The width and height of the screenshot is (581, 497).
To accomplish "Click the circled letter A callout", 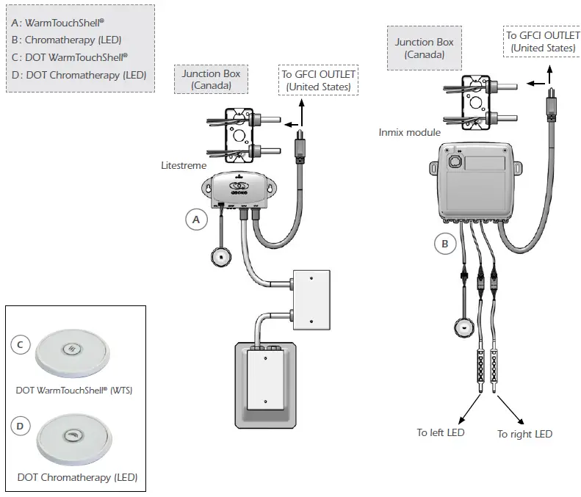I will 195,220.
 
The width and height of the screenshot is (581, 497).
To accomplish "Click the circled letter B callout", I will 444,242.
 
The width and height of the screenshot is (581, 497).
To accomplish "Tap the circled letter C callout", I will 23,344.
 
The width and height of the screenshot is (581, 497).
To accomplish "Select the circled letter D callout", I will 23,427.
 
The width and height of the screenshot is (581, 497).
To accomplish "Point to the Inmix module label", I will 410,132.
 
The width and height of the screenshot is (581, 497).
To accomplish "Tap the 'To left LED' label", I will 441,432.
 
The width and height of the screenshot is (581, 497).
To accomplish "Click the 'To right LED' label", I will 524,434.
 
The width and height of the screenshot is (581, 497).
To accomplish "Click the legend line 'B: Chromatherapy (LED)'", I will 67,39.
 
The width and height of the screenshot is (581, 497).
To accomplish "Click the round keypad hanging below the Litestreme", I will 221,257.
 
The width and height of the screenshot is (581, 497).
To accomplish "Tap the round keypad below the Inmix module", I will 463,327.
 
